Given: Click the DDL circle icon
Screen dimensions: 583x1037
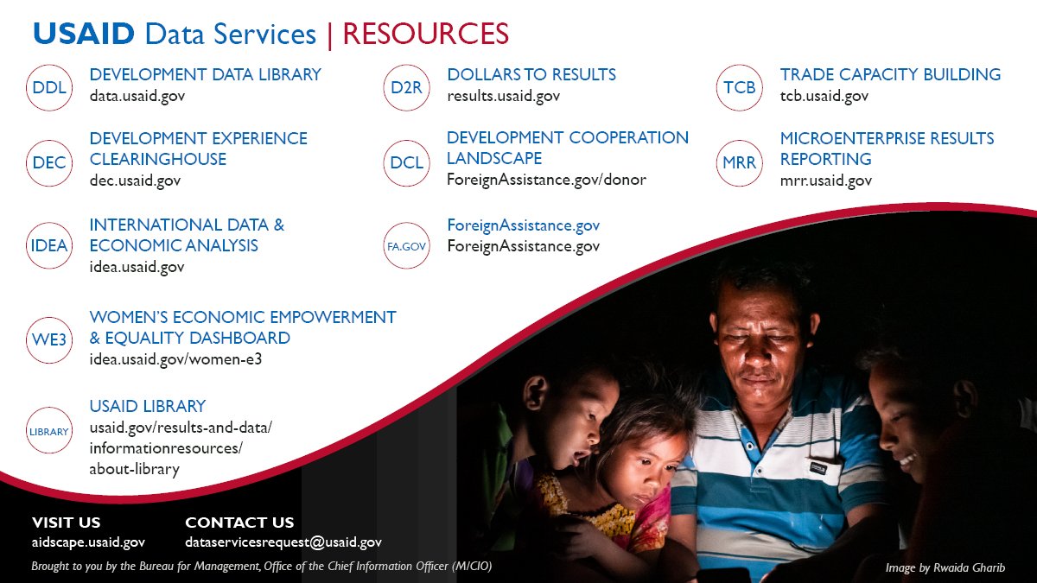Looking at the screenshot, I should click(x=49, y=87).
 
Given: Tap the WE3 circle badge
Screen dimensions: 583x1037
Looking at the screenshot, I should click(x=49, y=339).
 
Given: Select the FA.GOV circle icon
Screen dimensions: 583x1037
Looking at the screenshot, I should click(x=407, y=245).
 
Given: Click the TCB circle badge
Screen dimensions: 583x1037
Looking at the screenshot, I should click(x=740, y=87).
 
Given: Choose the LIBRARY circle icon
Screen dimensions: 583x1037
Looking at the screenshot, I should click(x=49, y=431).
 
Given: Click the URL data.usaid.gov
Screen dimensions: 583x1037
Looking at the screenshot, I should click(x=137, y=96).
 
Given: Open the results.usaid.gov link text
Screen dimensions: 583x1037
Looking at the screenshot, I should click(x=503, y=96).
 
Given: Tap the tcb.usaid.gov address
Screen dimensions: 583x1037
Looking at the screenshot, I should click(x=824, y=96).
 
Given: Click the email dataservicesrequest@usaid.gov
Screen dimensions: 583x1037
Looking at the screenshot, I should click(x=283, y=542).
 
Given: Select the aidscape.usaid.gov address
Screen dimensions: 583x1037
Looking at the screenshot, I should click(x=88, y=542).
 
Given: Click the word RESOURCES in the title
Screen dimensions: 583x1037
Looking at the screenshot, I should click(x=426, y=34).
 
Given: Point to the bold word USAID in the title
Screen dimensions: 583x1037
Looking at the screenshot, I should click(x=84, y=34).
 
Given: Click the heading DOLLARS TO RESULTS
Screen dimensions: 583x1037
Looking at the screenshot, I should click(x=531, y=74).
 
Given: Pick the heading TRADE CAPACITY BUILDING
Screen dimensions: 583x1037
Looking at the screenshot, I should click(x=890, y=74).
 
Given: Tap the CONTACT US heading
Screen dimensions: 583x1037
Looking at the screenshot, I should click(x=239, y=523).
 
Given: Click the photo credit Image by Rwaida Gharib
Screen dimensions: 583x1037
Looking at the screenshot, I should click(x=945, y=567).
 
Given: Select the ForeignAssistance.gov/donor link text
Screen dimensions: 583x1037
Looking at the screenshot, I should click(x=546, y=180).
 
